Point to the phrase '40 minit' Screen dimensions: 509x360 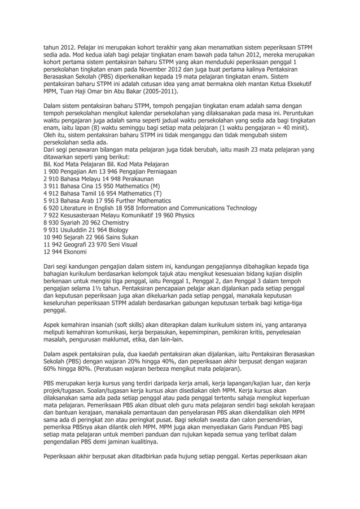(x=292, y=128)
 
